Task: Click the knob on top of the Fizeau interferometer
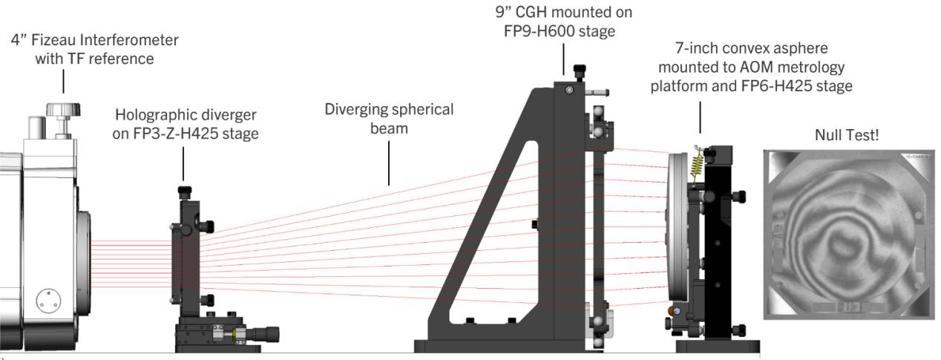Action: point(62,111)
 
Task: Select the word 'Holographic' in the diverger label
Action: point(147,117)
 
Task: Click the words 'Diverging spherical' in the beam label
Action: point(389,109)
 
